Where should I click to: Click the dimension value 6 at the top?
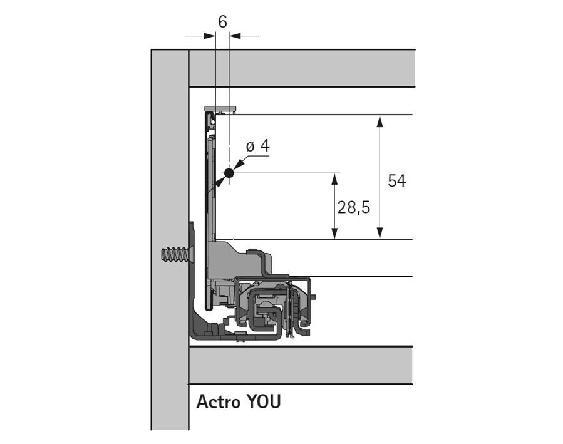click(x=222, y=21)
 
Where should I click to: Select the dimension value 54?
click(x=397, y=181)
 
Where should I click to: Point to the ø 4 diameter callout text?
click(x=258, y=146)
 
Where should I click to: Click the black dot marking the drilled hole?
click(x=229, y=173)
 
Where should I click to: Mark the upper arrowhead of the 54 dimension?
click(x=380, y=121)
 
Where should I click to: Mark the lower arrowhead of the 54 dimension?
click(x=380, y=233)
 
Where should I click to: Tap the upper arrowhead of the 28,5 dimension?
click(x=335, y=179)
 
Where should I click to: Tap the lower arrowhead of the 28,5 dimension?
click(x=335, y=233)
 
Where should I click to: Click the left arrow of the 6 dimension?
click(x=209, y=36)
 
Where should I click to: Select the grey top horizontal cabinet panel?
click(x=301, y=68)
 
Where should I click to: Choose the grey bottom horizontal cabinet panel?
click(x=301, y=365)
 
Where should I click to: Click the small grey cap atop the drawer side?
click(x=224, y=109)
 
